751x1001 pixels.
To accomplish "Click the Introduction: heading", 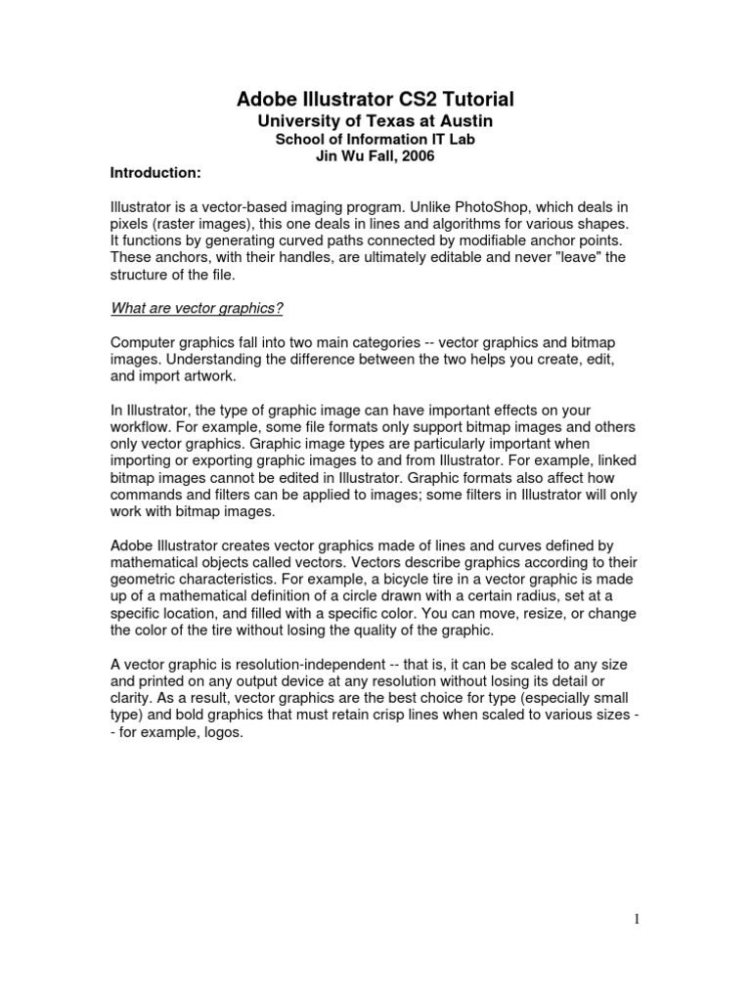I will pyautogui.click(x=155, y=173).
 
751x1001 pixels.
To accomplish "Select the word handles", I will pyautogui.click(x=262, y=257).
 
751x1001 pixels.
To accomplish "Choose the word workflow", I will pyautogui.click(x=141, y=428).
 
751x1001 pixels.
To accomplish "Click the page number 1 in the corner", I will pyautogui.click(x=635, y=918).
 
